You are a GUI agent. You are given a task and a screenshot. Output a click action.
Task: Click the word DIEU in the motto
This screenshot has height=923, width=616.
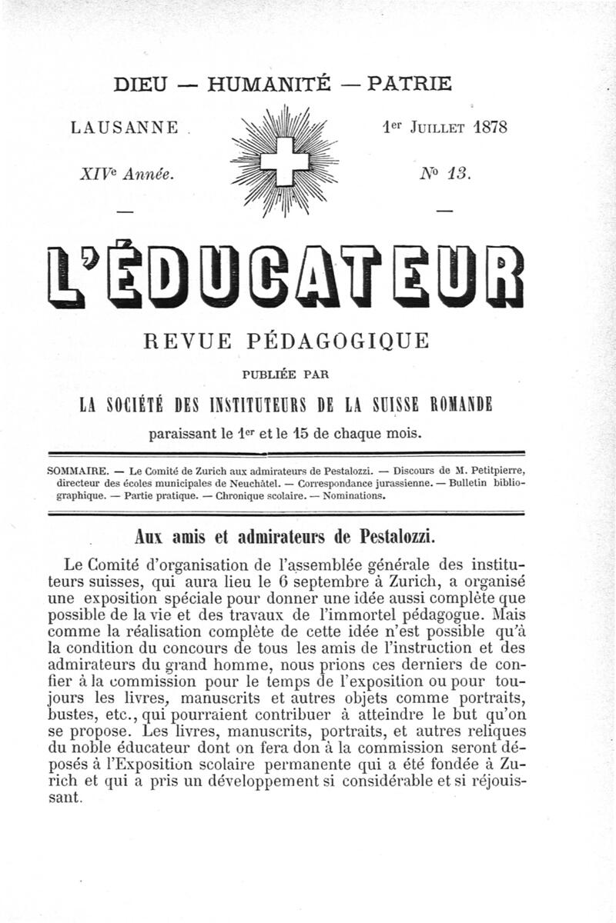140,84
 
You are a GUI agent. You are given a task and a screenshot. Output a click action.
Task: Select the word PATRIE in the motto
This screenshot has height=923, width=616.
409,84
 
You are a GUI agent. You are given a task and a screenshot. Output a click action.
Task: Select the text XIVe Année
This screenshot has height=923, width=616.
127,174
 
